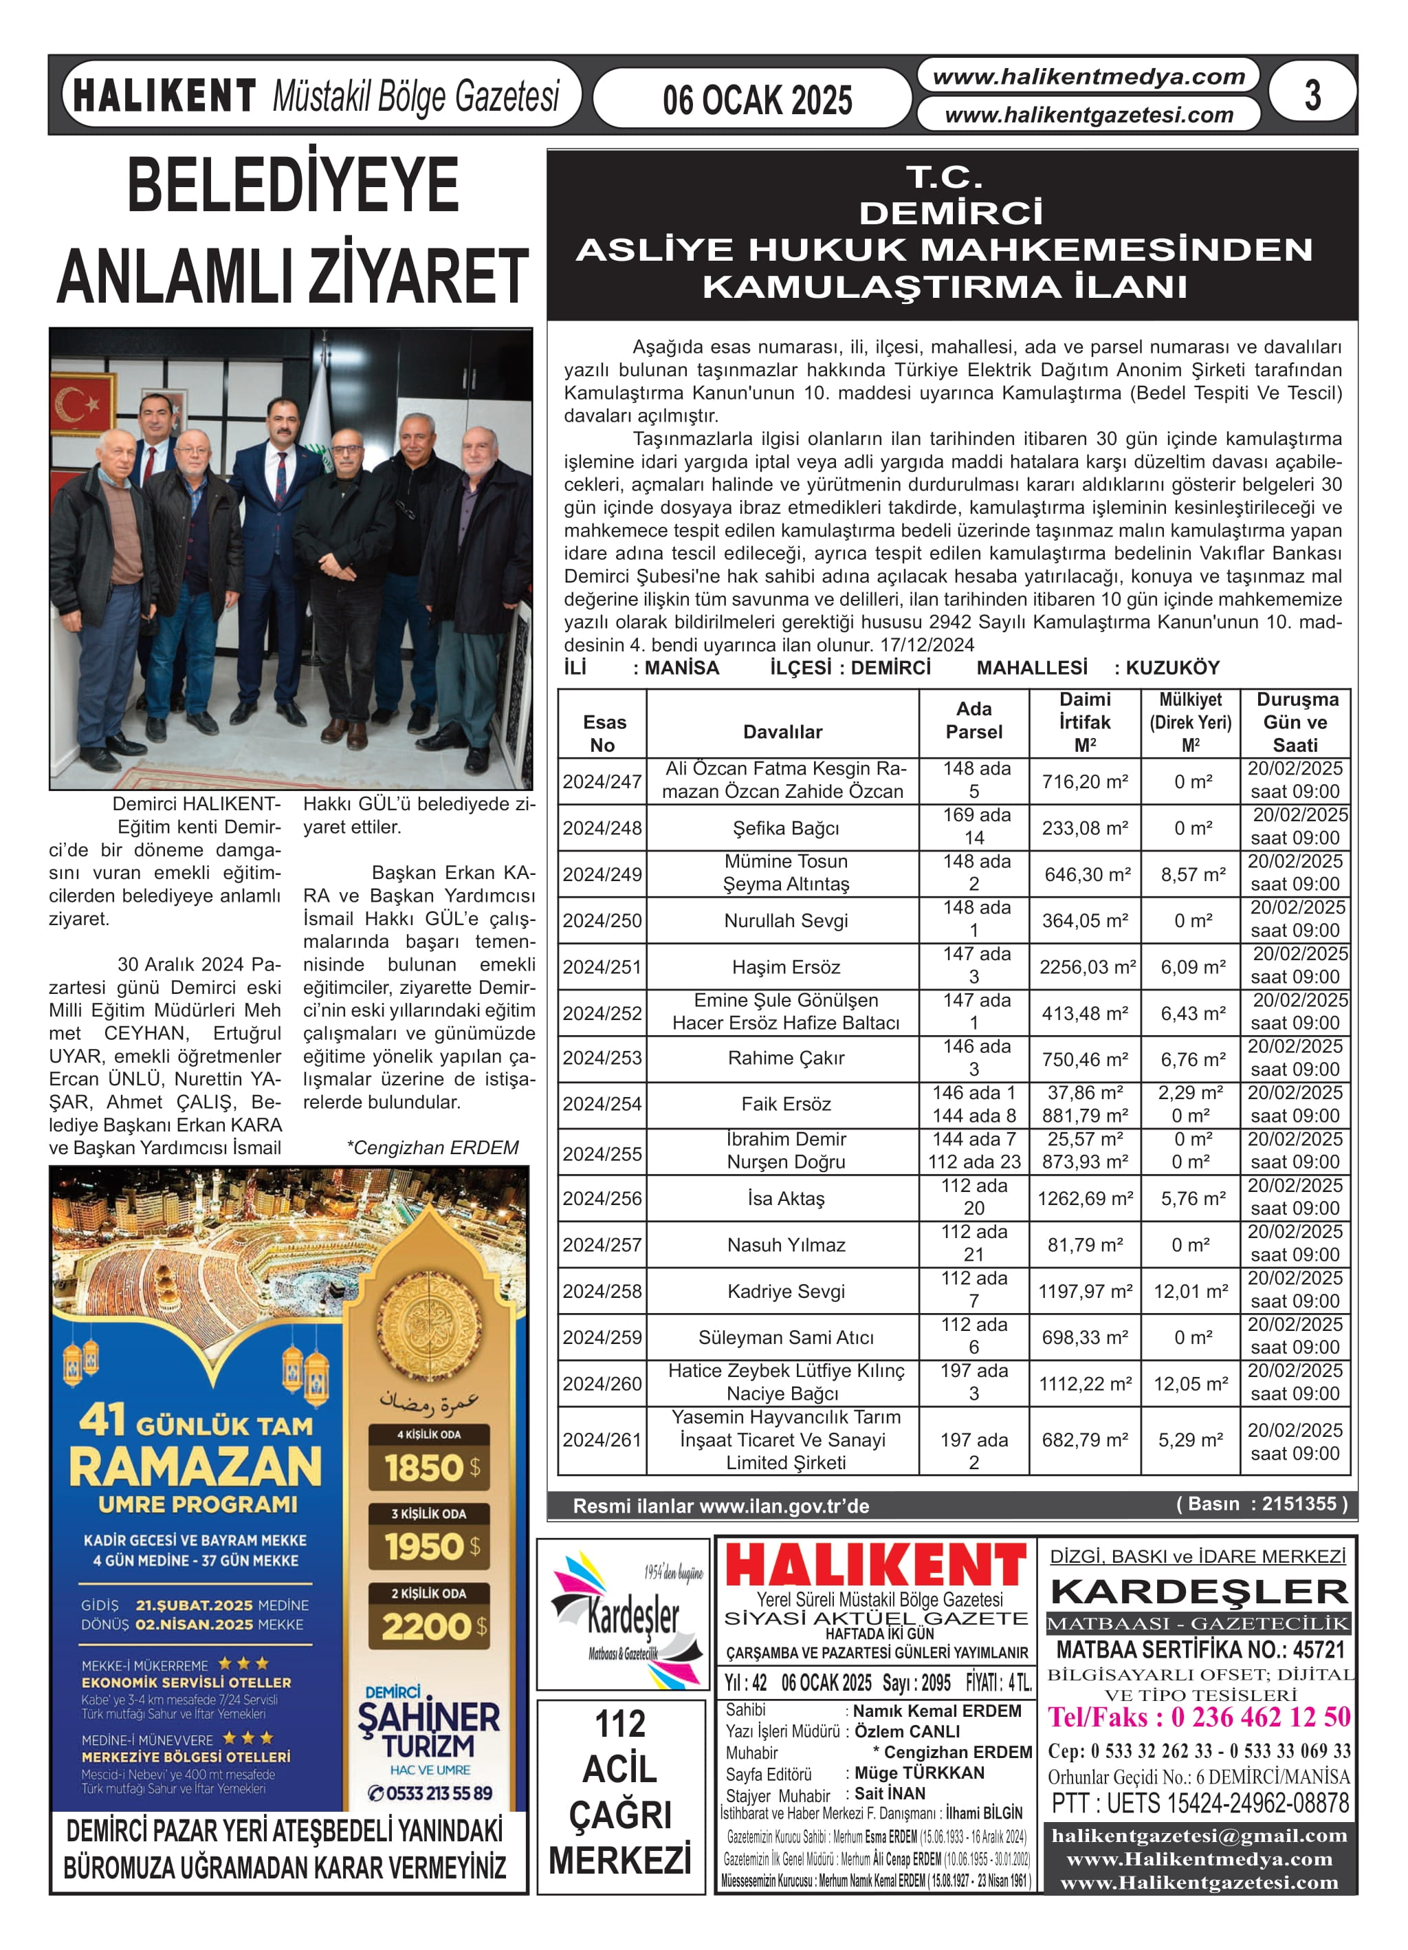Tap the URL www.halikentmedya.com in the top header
click(1088, 77)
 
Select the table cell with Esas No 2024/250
click(602, 920)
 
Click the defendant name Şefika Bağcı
click(785, 828)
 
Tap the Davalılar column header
click(782, 732)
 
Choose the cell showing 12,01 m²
click(1191, 1290)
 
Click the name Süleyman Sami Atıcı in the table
click(785, 1337)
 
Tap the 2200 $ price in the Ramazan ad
click(428, 1626)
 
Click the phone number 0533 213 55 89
click(430, 1792)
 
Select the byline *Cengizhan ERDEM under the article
click(432, 1148)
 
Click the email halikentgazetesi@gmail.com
click(1199, 1835)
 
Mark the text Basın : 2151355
click(1261, 1504)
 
